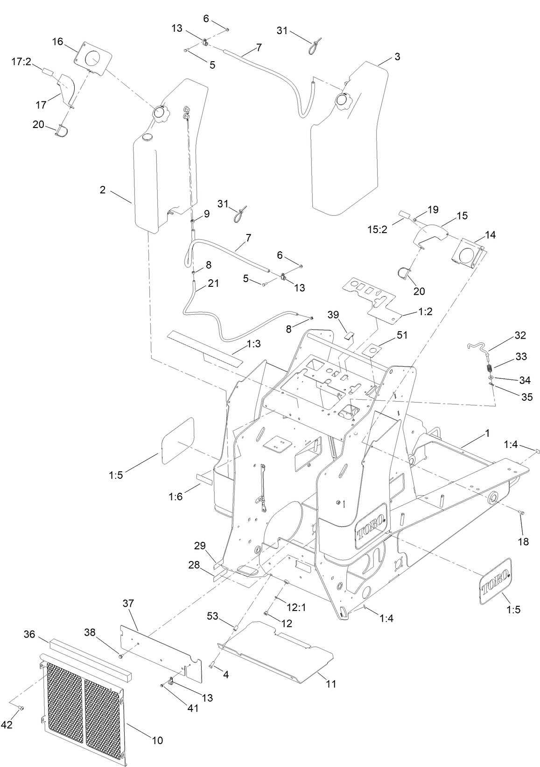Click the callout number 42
pos(7,724)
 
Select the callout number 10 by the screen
pos(157,740)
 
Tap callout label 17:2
pos(21,61)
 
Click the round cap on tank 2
pos(158,113)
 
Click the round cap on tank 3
pos(343,99)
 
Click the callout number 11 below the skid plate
pos(331,684)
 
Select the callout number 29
pos(200,546)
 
